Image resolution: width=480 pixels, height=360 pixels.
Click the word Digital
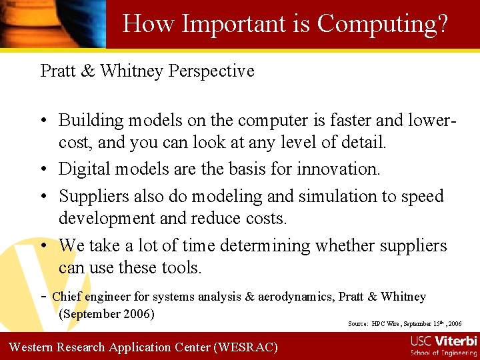tap(86, 169)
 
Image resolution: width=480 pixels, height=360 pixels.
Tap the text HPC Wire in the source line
tap(387, 324)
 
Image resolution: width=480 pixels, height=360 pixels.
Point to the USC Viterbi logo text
tap(444, 341)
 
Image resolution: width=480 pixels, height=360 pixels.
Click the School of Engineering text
tap(444, 353)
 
